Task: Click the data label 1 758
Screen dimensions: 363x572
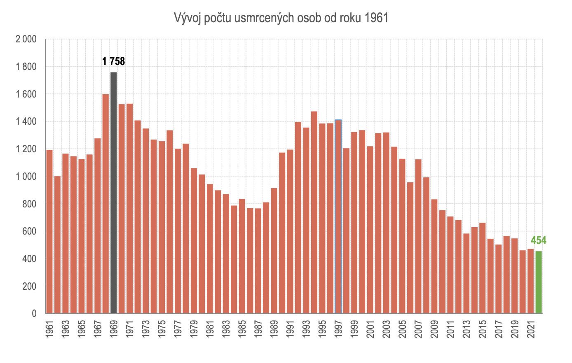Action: coord(113,61)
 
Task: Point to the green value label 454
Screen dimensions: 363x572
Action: coord(538,240)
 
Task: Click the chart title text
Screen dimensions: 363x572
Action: coord(281,18)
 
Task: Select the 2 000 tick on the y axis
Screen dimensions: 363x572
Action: coord(26,40)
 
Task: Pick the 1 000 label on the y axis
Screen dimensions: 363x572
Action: coord(26,177)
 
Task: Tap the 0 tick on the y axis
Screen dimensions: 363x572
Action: coord(34,314)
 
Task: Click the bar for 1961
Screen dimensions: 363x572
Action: coord(49,231)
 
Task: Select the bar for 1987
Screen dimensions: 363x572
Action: coord(258,261)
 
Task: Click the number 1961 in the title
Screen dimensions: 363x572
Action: coord(376,18)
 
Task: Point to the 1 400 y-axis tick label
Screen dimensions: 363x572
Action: coord(26,122)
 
